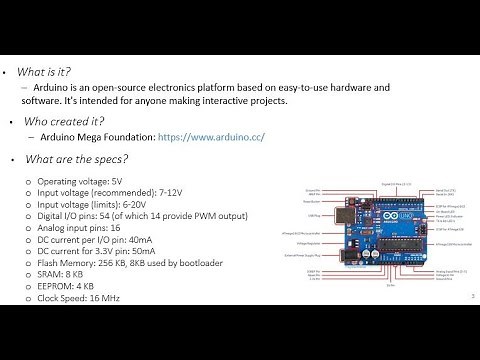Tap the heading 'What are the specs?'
point(76,158)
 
